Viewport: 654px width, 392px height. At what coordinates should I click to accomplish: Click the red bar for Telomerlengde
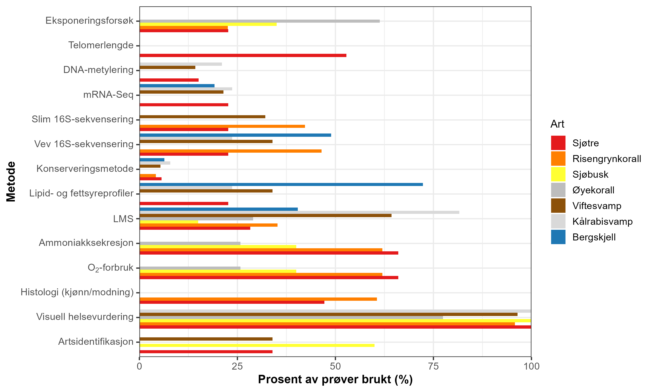click(243, 56)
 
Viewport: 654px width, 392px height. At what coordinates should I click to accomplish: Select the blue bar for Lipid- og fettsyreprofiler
click(281, 184)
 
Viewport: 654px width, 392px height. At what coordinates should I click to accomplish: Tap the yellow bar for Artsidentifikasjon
click(257, 345)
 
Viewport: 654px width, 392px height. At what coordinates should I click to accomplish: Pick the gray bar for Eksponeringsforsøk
click(260, 21)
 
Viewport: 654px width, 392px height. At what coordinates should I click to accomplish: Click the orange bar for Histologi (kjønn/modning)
click(258, 299)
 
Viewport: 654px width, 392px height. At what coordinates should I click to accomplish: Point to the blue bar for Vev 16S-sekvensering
click(235, 135)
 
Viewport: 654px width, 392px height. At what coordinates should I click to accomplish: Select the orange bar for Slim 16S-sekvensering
click(222, 126)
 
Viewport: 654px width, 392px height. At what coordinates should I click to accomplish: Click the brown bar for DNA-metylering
click(167, 67)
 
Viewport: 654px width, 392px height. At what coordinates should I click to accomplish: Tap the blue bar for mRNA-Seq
click(177, 86)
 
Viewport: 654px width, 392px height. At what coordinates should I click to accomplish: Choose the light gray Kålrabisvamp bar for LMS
click(299, 212)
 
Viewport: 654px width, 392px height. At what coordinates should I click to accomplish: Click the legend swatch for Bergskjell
click(558, 237)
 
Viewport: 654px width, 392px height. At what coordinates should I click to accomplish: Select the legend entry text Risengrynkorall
click(606, 159)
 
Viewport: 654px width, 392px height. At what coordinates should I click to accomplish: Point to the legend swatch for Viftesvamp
click(558, 206)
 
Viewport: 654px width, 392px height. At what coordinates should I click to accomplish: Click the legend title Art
click(557, 124)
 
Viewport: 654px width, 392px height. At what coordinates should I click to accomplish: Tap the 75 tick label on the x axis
click(433, 366)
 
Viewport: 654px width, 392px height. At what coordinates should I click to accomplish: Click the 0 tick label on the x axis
click(139, 366)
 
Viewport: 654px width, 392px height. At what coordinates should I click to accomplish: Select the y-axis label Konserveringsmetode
click(85, 169)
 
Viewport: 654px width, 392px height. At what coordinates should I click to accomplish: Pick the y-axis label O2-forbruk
click(111, 268)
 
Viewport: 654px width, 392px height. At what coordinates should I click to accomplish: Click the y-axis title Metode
click(11, 182)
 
